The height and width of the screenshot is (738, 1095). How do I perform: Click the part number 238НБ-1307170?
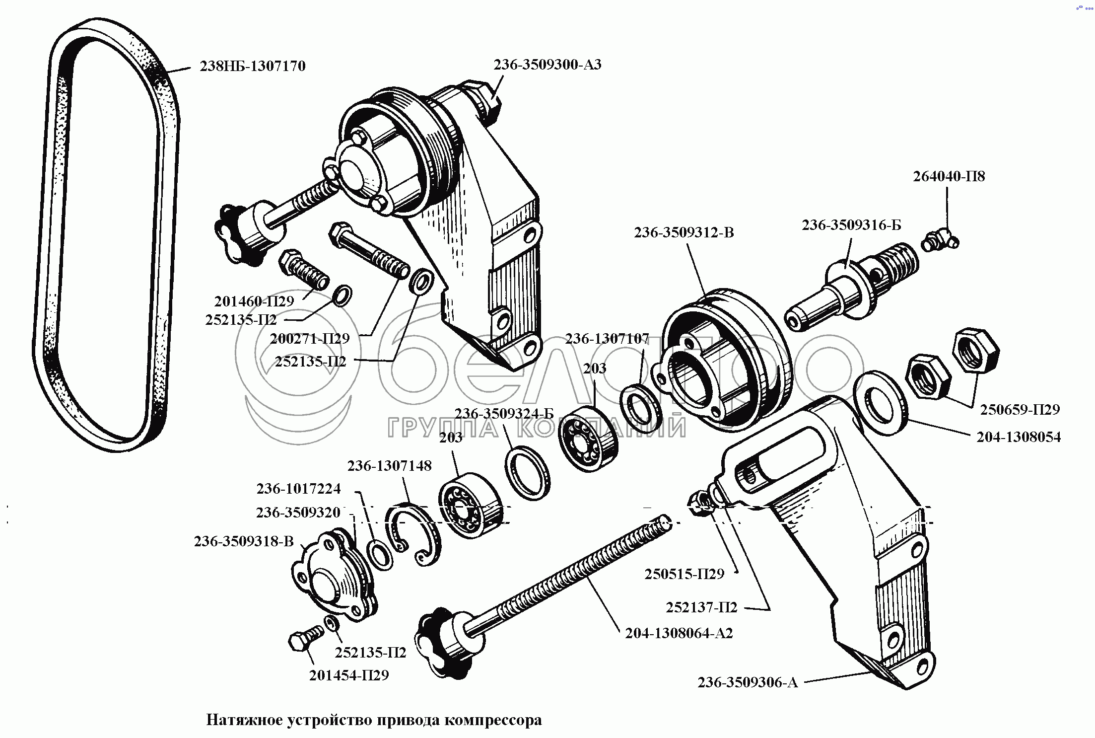(x=252, y=66)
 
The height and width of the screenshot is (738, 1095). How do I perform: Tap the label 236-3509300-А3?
(x=547, y=65)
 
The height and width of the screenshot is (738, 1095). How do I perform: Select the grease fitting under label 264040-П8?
(x=939, y=240)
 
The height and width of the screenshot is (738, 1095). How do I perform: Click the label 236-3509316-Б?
(x=851, y=225)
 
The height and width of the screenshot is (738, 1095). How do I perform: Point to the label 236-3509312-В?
(x=684, y=232)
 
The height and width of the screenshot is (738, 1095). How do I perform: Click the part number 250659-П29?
(x=1020, y=410)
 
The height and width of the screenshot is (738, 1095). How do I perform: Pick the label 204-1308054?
(x=1019, y=437)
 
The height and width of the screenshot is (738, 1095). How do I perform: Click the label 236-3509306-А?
(x=748, y=683)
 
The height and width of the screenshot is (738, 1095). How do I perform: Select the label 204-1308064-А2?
(x=679, y=633)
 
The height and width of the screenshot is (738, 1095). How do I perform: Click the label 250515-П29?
(x=684, y=574)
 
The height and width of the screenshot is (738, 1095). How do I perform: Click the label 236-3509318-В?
(x=244, y=541)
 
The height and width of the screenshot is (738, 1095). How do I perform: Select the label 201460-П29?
(x=254, y=301)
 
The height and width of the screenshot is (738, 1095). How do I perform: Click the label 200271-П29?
(x=310, y=339)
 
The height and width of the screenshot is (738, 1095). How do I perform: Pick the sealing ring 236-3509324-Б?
(x=527, y=472)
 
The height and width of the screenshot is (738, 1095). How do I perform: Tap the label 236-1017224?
(x=298, y=489)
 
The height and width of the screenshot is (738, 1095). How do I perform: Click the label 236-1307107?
(x=607, y=339)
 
